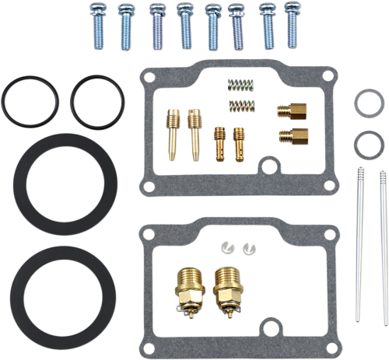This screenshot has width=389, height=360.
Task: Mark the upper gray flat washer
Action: (366, 102)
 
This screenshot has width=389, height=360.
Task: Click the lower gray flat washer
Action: (366, 143)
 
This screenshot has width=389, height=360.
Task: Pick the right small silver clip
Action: (249, 247)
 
